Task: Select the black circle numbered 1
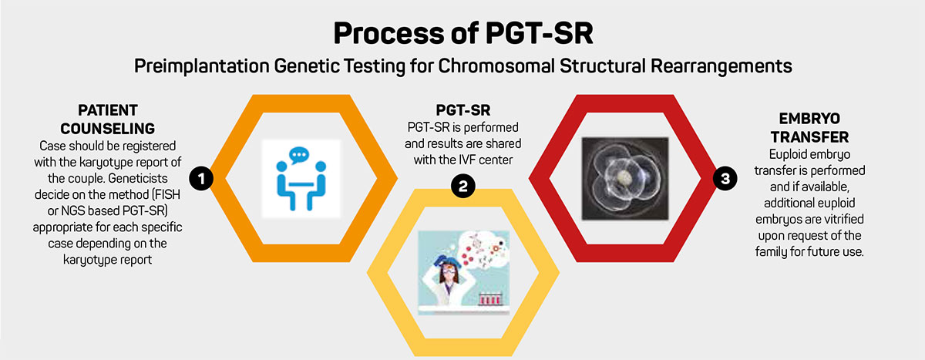[x=201, y=179]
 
